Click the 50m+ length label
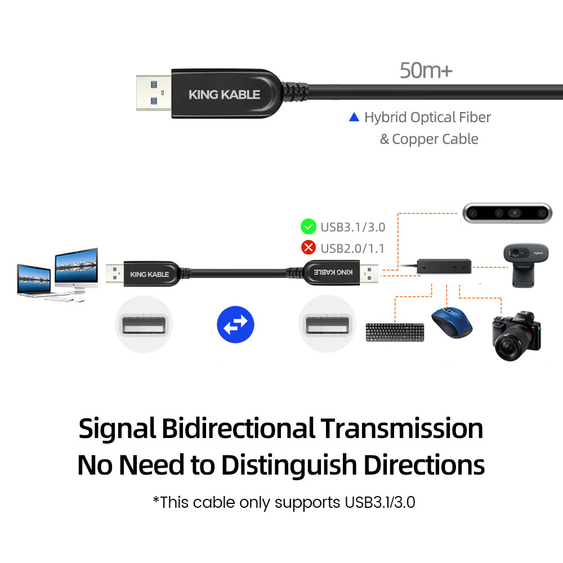coord(426,70)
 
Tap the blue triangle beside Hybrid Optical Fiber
coord(354,118)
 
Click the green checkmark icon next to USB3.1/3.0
coord(309,226)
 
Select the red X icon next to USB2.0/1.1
coord(309,247)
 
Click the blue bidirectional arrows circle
coord(235,324)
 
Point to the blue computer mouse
coord(452,322)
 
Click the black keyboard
coord(395,332)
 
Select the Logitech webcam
coord(525,265)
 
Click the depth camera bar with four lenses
coord(507,213)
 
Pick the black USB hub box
coord(444,266)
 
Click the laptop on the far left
coord(34,280)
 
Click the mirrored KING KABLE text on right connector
coord(333,272)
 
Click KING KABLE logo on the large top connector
coord(225,95)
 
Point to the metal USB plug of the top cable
coord(154,93)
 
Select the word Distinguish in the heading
coord(289,466)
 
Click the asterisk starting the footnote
coord(156,499)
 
